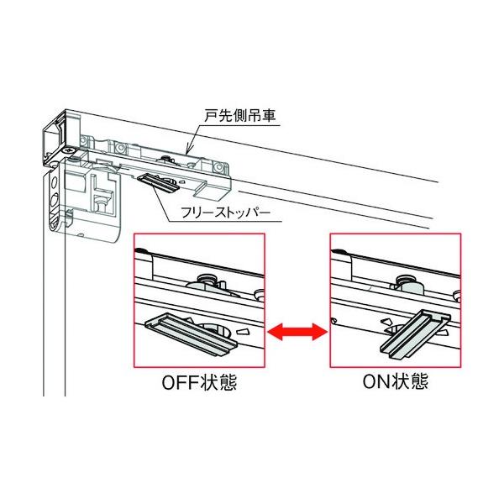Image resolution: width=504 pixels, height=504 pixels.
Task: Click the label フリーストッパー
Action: pos(227,213)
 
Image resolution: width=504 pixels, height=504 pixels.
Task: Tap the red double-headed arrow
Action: pos(297,333)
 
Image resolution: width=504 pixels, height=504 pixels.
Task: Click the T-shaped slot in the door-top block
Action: pos(102,197)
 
